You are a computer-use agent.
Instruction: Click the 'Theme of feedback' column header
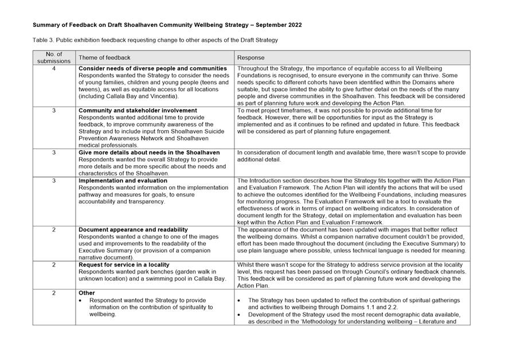[x=104, y=57]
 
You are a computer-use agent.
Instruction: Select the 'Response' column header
[x=250, y=57]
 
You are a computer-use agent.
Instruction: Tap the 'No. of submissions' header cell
[x=54, y=57]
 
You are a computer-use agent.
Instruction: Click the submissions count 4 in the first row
[x=54, y=68]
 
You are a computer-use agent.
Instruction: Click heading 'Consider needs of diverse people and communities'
[x=152, y=68]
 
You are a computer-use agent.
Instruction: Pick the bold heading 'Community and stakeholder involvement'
[x=138, y=110]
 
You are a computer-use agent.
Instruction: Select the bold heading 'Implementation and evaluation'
[x=123, y=181]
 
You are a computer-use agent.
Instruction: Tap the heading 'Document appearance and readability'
[x=133, y=229]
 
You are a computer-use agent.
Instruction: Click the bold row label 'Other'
[x=87, y=293]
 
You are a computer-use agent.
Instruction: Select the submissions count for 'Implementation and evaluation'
[x=54, y=181]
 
